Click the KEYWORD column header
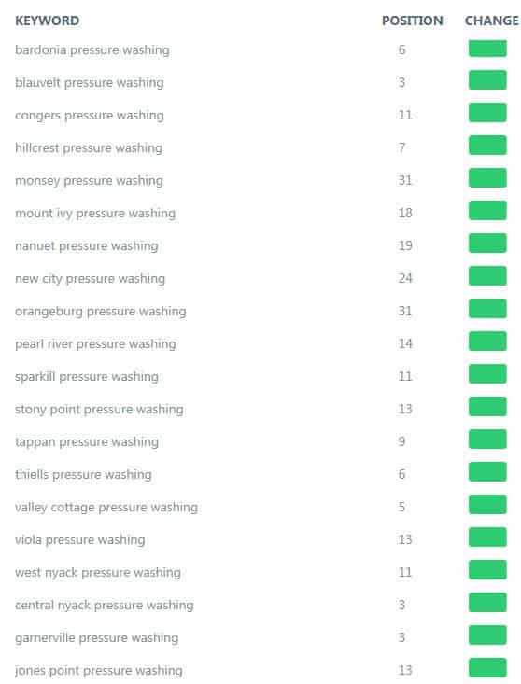[47, 21]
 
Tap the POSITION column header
[413, 21]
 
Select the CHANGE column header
[492, 21]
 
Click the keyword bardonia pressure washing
[92, 49]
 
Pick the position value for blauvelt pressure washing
[401, 82]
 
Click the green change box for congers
[487, 113]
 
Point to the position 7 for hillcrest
[401, 147]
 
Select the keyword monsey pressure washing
[89, 181]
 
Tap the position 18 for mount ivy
[405, 213]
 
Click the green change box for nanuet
[487, 243]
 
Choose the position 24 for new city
[405, 278]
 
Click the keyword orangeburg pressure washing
[100, 312]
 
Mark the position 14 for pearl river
[405, 343]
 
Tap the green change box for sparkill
[487, 374]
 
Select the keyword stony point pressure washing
[99, 409]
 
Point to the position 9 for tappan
[401, 441]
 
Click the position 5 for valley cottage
[401, 507]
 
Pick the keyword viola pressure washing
[80, 539]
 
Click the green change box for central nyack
[487, 603]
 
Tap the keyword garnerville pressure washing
[96, 637]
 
